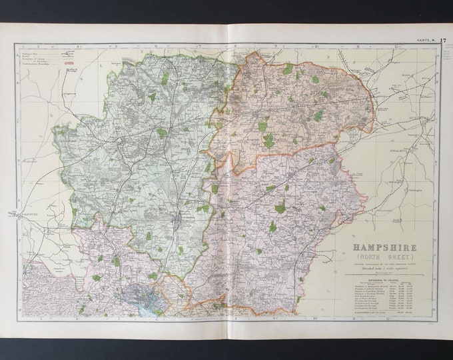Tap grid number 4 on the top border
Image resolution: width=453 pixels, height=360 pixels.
[x=79, y=47]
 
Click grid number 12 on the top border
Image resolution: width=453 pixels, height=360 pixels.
[x=397, y=47]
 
